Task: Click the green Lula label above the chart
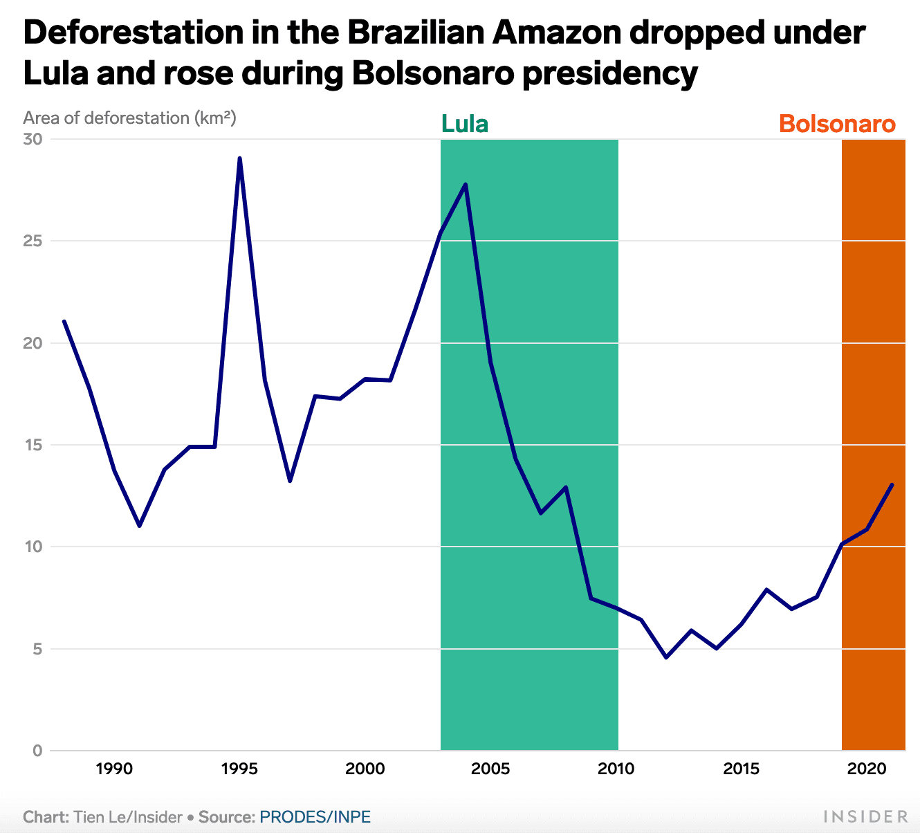465,125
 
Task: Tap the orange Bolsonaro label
837,125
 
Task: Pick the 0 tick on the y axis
37,751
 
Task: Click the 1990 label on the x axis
114,769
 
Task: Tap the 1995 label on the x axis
239,769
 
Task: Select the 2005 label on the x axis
490,769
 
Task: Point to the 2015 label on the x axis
742,769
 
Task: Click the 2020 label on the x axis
867,769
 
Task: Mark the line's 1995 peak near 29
239,158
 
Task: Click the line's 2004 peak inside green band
466,184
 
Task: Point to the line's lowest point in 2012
666,657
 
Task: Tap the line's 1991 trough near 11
139,526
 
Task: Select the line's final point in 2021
892,485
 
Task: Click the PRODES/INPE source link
315,817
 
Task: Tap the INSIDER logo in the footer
865,817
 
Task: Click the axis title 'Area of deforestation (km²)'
130,118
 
